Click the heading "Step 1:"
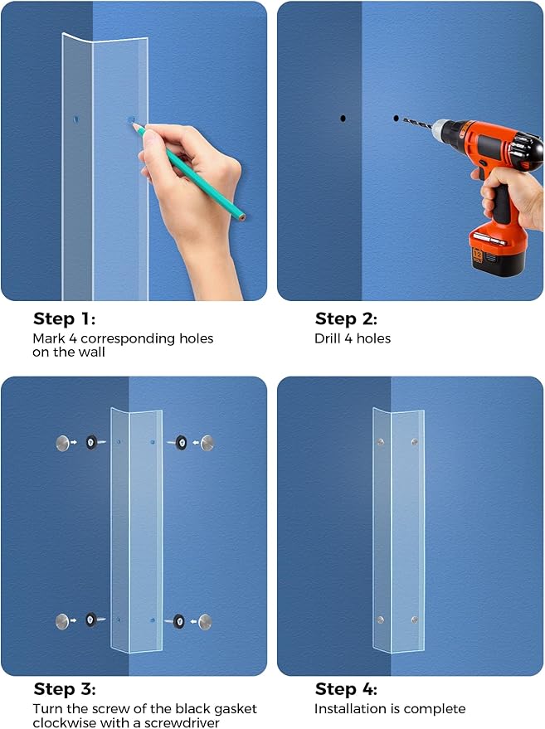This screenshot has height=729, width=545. [x=65, y=318]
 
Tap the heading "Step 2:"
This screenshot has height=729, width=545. [x=346, y=318]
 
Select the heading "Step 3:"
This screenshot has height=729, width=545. [x=65, y=689]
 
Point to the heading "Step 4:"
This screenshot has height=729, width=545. [x=346, y=689]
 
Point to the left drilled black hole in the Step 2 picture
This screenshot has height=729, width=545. [x=343, y=119]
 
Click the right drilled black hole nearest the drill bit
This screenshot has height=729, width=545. [x=396, y=119]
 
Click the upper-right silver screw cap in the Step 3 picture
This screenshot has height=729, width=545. [x=205, y=443]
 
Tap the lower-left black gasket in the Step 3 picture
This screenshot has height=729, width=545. [x=90, y=620]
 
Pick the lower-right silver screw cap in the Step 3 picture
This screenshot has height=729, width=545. [x=205, y=620]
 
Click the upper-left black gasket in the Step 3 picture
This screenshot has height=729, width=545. [x=90, y=443]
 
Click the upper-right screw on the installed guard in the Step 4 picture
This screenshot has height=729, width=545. [x=414, y=442]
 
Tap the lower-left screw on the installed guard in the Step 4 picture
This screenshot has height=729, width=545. [x=380, y=620]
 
